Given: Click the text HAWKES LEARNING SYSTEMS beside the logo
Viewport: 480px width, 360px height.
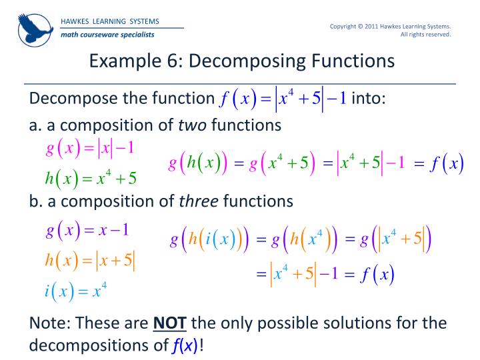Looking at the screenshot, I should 110,21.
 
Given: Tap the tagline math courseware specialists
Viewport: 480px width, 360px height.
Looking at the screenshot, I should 107,34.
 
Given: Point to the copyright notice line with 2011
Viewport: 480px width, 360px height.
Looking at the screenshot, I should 391,26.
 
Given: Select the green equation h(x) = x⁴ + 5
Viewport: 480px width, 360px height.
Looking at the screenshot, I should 91,177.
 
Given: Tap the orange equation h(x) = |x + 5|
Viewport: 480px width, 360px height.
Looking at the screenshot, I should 91,261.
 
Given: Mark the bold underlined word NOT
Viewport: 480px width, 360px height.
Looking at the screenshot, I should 169,323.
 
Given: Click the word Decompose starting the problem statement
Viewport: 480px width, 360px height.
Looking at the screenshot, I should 71,99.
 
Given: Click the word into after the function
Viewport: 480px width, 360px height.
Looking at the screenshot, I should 369,99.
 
